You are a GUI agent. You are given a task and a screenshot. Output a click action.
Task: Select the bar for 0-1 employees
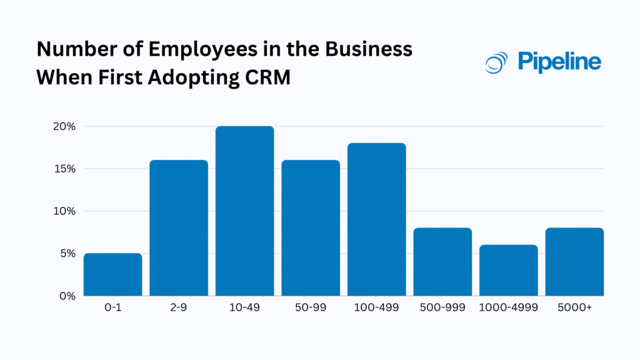(x=112, y=274)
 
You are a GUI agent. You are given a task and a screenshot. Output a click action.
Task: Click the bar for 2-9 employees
(x=179, y=228)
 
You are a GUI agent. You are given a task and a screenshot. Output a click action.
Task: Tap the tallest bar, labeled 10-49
(x=245, y=211)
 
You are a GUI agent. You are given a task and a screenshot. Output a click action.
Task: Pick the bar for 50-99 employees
(x=311, y=228)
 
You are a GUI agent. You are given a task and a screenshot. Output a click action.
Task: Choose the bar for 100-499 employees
(x=377, y=219)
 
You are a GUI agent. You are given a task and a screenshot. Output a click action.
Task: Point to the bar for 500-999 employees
(x=442, y=262)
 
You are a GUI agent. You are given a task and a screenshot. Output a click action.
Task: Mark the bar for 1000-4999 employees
(x=509, y=270)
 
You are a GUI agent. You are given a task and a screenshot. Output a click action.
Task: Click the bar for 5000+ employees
(x=574, y=262)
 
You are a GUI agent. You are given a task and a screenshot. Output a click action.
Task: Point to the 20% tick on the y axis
(x=63, y=126)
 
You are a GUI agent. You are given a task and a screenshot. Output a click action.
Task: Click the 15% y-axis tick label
(x=64, y=169)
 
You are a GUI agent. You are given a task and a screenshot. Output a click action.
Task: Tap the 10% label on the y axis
(x=64, y=211)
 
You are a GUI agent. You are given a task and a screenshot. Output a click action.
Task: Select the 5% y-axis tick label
(x=66, y=254)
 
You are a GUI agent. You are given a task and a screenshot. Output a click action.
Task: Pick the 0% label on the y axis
(x=66, y=296)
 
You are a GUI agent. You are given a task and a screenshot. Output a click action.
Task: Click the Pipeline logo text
(x=559, y=61)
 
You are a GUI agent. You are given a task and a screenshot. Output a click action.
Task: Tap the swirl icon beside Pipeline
(x=497, y=62)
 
